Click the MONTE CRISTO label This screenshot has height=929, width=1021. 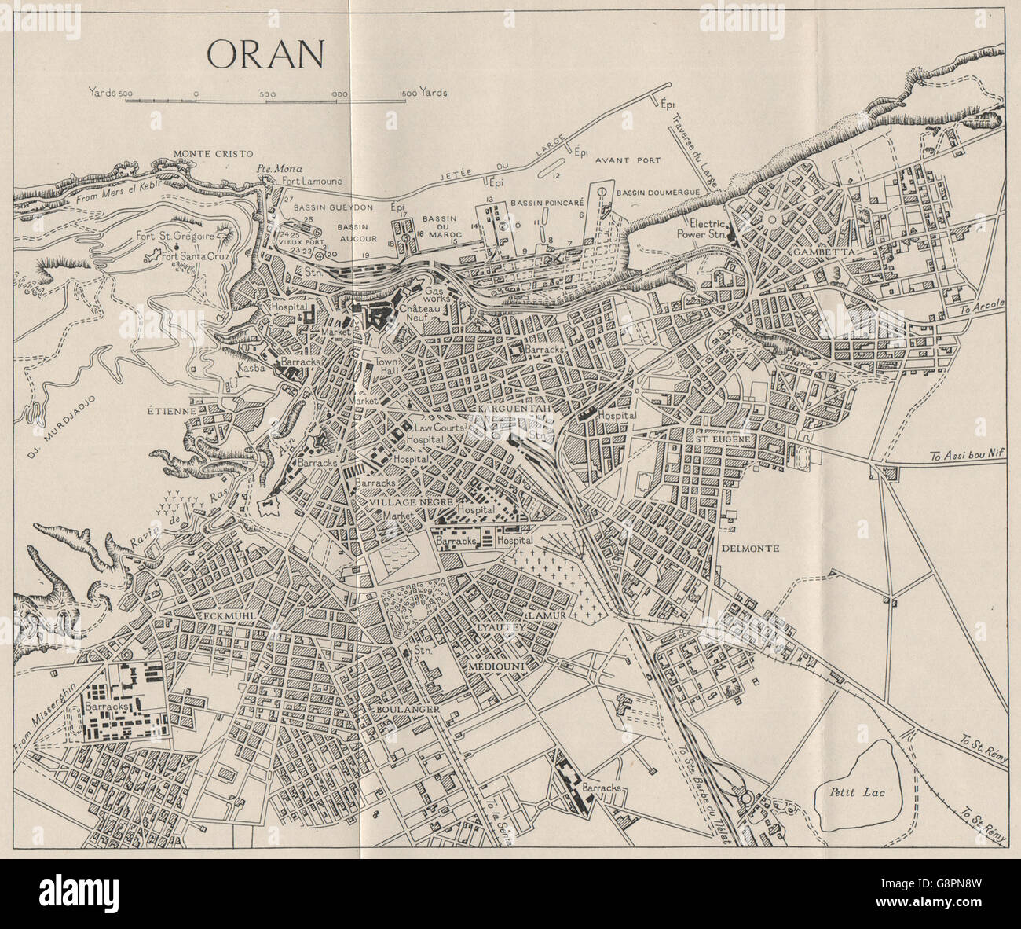tap(207, 155)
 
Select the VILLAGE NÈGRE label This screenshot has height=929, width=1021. tap(393, 499)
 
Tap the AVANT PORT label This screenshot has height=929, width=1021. tap(627, 160)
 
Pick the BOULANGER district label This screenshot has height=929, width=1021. tap(405, 708)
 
